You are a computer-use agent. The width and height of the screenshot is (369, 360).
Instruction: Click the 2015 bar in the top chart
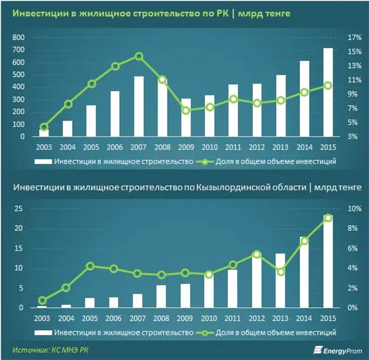coord(328,92)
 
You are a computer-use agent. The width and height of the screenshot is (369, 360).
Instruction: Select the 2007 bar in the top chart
coord(139,107)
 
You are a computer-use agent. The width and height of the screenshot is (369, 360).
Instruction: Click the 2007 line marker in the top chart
coord(139,57)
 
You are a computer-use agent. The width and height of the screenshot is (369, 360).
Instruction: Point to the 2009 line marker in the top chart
coord(186,110)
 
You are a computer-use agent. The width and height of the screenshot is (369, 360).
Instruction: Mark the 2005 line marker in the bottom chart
coord(91,266)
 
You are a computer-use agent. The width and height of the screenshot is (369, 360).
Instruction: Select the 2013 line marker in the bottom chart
coord(280,272)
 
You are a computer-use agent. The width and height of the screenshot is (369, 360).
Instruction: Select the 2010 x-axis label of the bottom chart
coord(209,318)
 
